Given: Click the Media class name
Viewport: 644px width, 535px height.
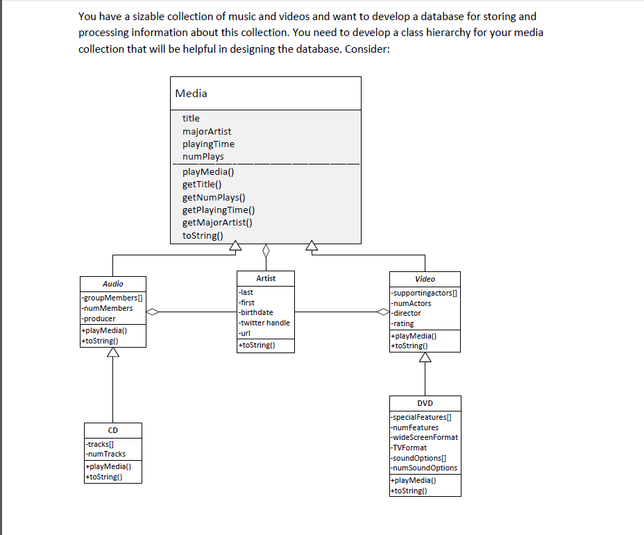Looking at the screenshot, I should (191, 93).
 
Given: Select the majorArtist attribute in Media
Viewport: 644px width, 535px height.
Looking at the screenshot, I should (207, 131).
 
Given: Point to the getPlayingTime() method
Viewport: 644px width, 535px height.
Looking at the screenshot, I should (218, 210).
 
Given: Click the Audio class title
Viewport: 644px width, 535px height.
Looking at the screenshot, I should (113, 284).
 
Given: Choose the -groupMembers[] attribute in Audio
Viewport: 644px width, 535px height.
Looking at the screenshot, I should (108, 298).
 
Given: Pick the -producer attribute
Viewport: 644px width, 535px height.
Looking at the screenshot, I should (99, 319).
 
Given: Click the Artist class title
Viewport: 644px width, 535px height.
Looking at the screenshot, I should (266, 278).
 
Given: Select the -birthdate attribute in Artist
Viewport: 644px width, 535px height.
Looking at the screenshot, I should (255, 312).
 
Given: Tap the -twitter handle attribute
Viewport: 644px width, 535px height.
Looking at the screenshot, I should (264, 323).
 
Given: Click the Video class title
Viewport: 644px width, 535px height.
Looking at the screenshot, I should (425, 279).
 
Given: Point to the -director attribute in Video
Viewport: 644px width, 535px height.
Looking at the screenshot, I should (407, 313).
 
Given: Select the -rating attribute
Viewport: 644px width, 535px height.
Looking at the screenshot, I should (402, 323).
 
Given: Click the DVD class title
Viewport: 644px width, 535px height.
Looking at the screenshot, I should (425, 403).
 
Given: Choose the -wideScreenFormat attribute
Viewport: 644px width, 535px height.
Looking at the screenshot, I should (425, 437).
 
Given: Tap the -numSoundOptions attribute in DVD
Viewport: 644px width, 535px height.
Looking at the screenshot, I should (425, 468).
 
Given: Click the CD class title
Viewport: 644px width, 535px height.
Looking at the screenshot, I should (112, 430).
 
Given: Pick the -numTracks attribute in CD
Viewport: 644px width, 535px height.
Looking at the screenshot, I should (105, 454).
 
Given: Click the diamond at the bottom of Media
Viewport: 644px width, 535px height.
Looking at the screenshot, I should (265, 249).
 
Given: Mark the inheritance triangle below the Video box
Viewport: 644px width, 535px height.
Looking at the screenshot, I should (425, 357).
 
